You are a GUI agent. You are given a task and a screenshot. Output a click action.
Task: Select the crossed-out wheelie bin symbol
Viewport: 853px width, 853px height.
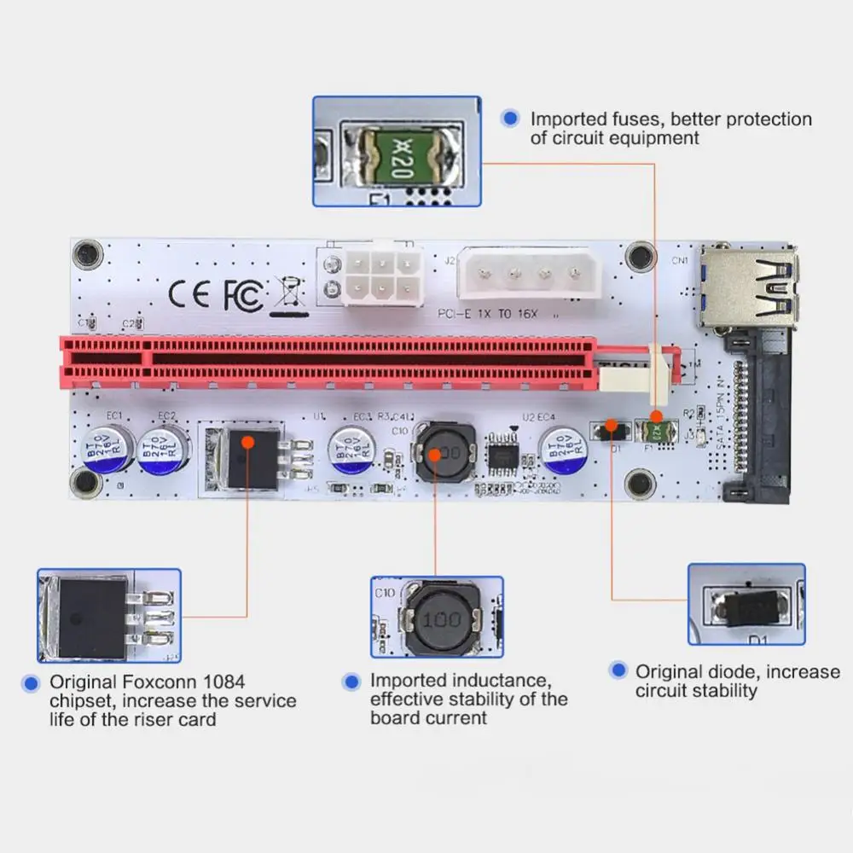point(287,293)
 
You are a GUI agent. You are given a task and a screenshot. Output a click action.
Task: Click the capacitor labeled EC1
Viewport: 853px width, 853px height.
point(110,449)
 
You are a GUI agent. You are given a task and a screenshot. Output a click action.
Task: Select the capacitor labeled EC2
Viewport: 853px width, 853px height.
point(163,450)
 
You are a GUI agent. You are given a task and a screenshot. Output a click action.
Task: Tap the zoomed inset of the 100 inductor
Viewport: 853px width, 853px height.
point(437,617)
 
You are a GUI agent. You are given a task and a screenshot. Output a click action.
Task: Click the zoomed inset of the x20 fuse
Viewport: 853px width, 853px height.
point(397,151)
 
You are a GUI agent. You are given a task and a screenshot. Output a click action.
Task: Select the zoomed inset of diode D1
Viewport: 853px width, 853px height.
point(746,604)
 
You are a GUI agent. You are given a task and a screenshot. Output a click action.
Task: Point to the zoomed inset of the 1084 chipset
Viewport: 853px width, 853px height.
point(109,615)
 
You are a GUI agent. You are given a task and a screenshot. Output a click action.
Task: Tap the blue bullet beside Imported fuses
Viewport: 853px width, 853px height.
point(510,119)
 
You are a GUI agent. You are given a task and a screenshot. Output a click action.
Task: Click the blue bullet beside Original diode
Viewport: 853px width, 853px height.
point(619,671)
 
